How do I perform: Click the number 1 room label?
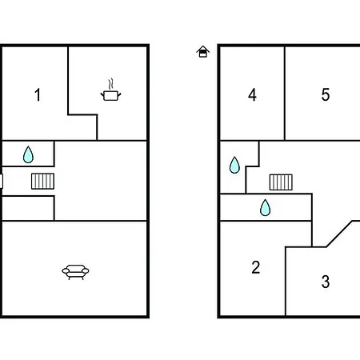coord(38,95)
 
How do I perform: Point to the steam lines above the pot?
coord(111,84)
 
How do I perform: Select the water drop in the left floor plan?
coord(28,154)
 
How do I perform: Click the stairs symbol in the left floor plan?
coord(42,182)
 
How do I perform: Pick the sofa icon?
coord(75,272)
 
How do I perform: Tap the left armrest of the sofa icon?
coord(66,271)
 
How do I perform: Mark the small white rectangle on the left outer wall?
coord(1,181)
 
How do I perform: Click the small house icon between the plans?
coord(203,51)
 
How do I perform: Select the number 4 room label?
coord(252,95)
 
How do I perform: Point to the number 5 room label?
coord(326,94)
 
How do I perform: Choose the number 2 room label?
coord(256,267)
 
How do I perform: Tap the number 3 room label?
coord(326,282)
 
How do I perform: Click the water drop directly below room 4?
coord(234,165)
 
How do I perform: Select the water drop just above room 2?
coord(265,207)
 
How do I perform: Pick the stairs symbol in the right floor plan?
coord(281,182)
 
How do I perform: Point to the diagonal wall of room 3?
coord(339,234)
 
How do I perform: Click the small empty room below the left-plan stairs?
coord(28,209)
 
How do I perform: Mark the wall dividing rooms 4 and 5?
coord(285,94)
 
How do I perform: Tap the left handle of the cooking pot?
coord(102,94)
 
